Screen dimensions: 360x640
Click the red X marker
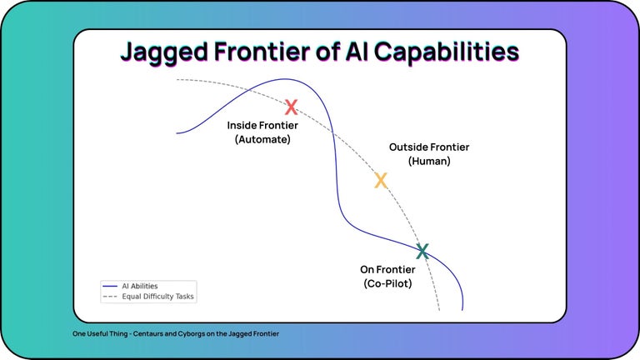coord(291,107)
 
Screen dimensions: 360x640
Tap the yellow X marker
coord(381,180)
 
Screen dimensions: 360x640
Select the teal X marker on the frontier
coord(422,251)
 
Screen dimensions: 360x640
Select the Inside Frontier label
coord(262,125)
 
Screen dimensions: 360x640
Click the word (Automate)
coord(262,139)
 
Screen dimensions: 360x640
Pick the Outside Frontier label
coord(429,147)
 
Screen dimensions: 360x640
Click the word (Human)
coord(429,161)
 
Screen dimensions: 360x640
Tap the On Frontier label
coord(387,269)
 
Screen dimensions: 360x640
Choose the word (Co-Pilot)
coord(387,283)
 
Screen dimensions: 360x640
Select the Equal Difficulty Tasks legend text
coord(158,296)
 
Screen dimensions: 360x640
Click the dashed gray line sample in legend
coord(110,296)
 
